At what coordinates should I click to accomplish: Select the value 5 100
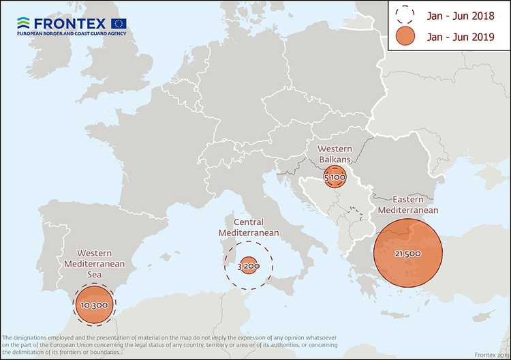(x=335, y=177)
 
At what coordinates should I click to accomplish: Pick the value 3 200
(x=248, y=265)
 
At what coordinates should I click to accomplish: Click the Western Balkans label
(x=334, y=153)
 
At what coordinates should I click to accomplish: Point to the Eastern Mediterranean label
(x=407, y=205)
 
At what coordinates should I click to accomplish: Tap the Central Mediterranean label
(x=249, y=228)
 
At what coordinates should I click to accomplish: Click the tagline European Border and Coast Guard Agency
(x=71, y=33)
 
